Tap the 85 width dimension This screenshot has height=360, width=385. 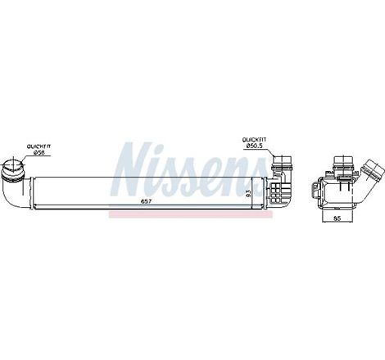pos(337,218)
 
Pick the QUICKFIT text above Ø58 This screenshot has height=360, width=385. pos(38,146)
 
